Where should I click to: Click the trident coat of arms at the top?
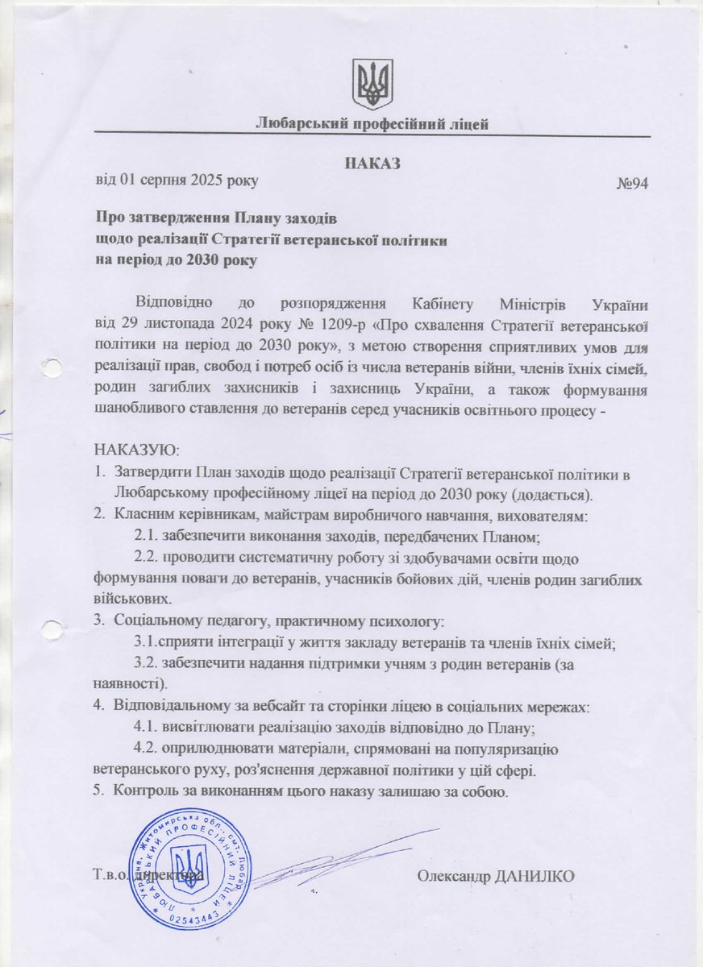pos(372,83)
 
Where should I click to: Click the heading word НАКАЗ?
pos(372,164)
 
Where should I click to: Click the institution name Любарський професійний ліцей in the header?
pos(372,123)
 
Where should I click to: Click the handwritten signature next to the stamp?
pos(339,862)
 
